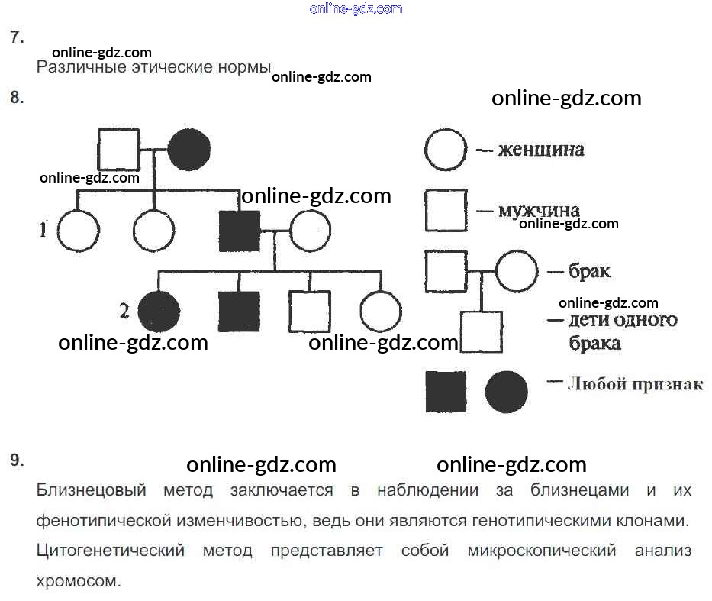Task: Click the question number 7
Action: click(x=17, y=37)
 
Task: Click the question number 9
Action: click(x=17, y=460)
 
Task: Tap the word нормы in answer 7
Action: click(x=246, y=67)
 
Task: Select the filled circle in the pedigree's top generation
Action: click(x=188, y=150)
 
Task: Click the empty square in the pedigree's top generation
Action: click(x=119, y=150)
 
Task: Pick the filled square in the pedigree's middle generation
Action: click(x=240, y=231)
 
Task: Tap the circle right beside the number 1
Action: click(x=79, y=231)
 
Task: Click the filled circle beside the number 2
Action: click(x=159, y=311)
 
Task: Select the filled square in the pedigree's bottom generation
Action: click(x=239, y=311)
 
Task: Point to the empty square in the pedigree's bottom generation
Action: click(x=309, y=311)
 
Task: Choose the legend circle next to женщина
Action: click(x=446, y=150)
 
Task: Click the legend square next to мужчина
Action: click(x=446, y=210)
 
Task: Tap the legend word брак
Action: click(x=589, y=271)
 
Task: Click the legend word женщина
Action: click(x=541, y=150)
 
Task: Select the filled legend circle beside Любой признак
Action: click(x=507, y=392)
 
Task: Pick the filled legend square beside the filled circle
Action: click(x=446, y=392)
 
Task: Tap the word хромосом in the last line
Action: click(x=79, y=580)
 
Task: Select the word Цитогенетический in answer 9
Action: click(x=111, y=551)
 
